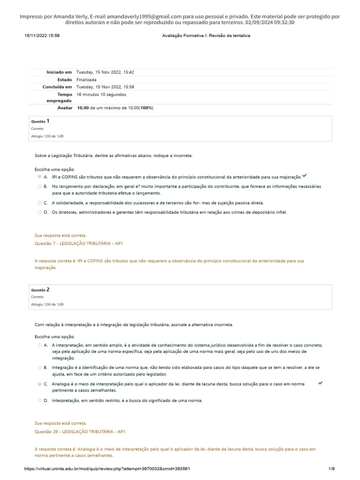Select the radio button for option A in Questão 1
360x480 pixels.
(39, 177)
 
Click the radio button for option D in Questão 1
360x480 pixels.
(39, 212)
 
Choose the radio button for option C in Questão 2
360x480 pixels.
(39, 384)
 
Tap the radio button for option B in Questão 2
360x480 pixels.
(39, 367)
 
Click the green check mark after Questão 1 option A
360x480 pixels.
(305, 175)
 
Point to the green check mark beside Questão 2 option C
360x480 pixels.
(320, 383)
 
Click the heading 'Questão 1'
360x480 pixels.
(40, 121)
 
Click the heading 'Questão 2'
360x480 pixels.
(40, 290)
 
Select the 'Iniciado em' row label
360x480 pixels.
(59, 72)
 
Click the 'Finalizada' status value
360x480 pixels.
(86, 80)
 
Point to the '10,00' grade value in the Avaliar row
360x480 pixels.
(82, 108)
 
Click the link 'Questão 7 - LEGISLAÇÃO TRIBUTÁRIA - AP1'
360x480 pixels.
(79, 244)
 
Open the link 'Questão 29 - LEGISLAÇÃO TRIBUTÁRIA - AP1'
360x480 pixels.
(80, 431)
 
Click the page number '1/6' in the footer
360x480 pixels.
(331, 469)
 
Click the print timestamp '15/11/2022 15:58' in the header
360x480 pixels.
(42, 36)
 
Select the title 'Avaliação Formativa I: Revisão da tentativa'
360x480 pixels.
(206, 36)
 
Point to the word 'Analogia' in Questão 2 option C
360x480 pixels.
(61, 384)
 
